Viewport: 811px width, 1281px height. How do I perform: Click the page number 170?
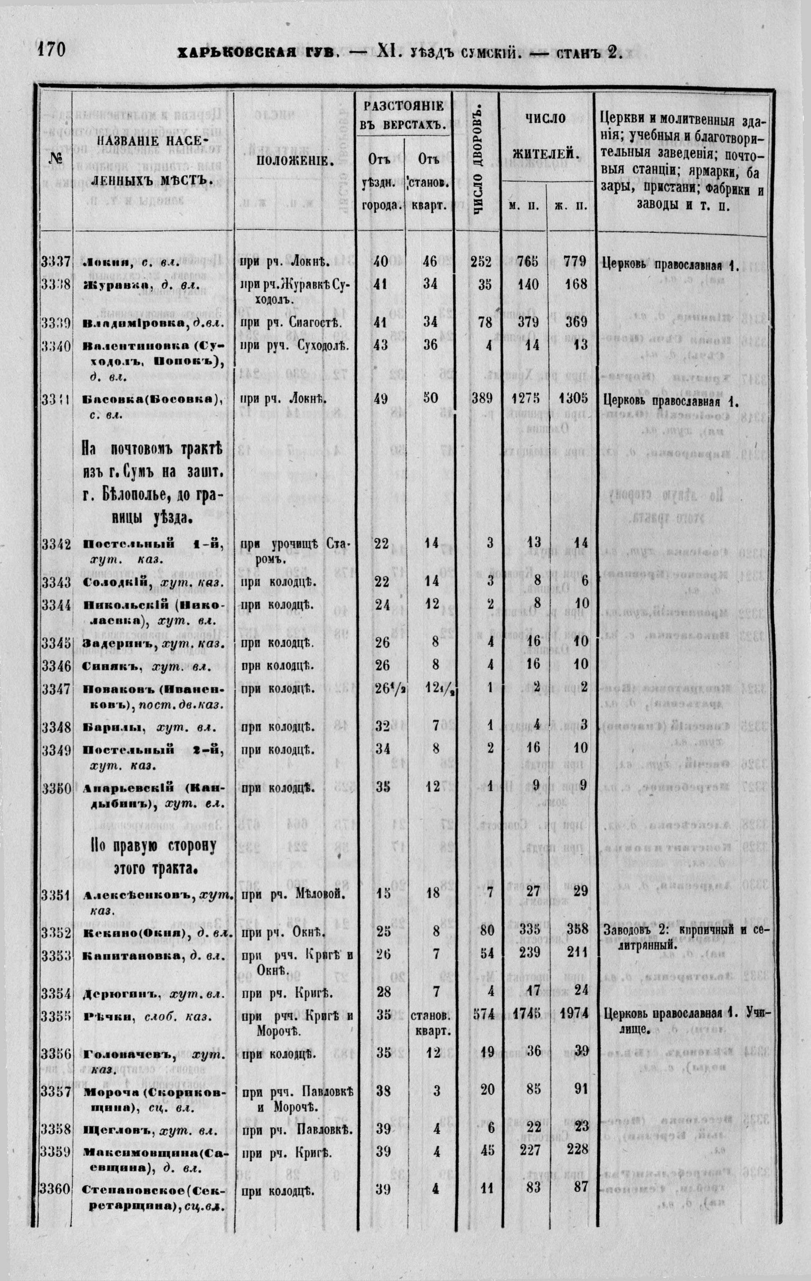(x=50, y=50)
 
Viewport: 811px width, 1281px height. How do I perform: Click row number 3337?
(x=55, y=262)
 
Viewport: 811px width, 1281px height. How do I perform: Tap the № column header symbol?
(x=56, y=159)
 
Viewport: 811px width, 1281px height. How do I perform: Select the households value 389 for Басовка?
(x=481, y=398)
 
